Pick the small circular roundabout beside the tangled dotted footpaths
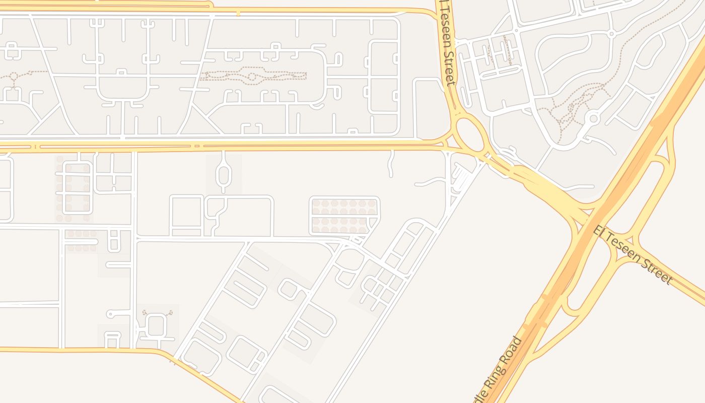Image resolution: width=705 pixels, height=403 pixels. tap(593, 119)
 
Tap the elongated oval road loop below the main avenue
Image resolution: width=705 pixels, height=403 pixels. tap(223, 174)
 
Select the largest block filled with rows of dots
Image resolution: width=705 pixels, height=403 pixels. tap(344, 216)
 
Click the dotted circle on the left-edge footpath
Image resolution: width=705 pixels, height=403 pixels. tap(14, 77)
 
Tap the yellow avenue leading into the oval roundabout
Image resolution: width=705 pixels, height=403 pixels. tap(302, 146)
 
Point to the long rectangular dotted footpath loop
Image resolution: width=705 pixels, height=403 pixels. tap(254, 76)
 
